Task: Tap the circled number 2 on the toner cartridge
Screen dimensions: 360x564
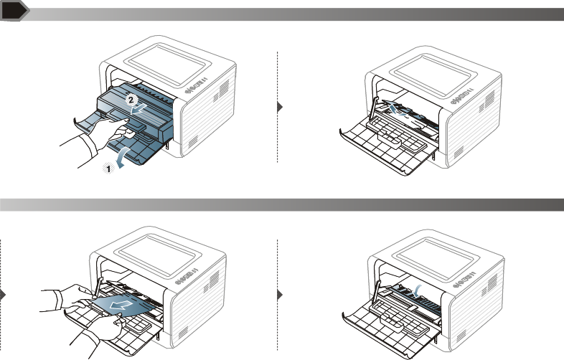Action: pyautogui.click(x=131, y=101)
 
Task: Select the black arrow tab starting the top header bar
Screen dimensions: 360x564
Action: pyautogui.click(x=14, y=11)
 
